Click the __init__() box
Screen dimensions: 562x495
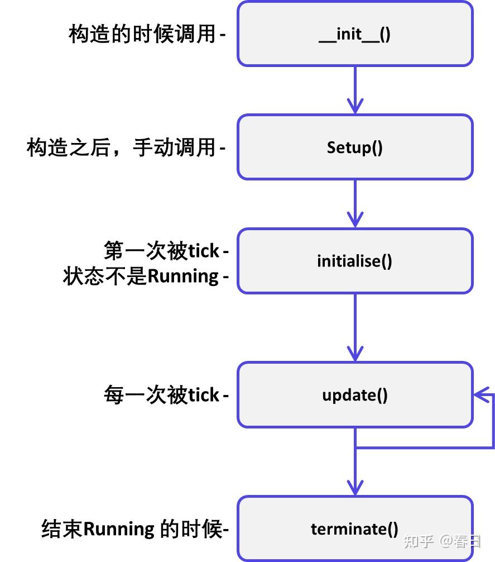pyautogui.click(x=355, y=34)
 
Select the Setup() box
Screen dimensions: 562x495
pyautogui.click(x=355, y=147)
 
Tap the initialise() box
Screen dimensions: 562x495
pyautogui.click(x=355, y=261)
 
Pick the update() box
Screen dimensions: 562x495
pyautogui.click(x=355, y=395)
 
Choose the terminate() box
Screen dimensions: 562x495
pyautogui.click(x=355, y=528)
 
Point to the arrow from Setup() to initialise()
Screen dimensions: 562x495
pyautogui.click(x=355, y=204)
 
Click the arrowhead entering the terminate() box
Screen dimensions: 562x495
pyautogui.click(x=355, y=486)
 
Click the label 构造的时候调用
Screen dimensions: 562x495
pyautogui.click(x=142, y=34)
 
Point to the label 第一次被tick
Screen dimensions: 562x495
pyautogui.click(x=162, y=251)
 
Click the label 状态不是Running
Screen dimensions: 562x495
pyautogui.click(x=141, y=277)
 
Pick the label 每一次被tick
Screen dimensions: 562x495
pyautogui.click(x=162, y=395)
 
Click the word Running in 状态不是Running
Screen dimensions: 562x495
pyautogui.click(x=182, y=277)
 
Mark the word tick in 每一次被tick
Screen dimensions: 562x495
pyautogui.click(x=203, y=395)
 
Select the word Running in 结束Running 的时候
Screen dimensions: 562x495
pyautogui.click(x=118, y=528)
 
